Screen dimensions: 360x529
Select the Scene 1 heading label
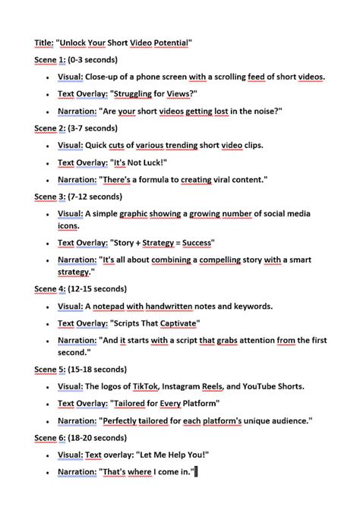coord(50,61)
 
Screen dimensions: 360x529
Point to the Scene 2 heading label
coord(50,128)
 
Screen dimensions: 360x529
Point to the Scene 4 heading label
coord(50,289)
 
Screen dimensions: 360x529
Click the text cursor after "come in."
coord(195,472)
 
